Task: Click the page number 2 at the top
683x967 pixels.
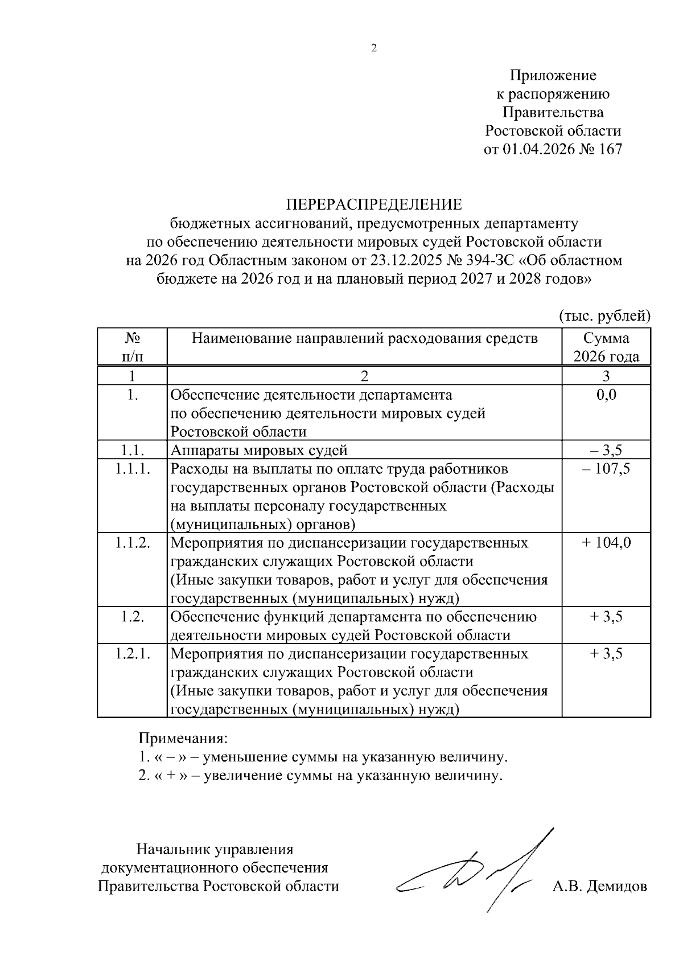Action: click(374, 49)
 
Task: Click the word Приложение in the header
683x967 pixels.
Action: click(553, 75)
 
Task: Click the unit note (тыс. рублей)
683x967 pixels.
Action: click(605, 315)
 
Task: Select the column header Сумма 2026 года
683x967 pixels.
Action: click(606, 347)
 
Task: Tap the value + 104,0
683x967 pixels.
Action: click(606, 543)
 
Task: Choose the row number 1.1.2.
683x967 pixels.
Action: click(132, 543)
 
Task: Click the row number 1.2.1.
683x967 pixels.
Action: click(132, 653)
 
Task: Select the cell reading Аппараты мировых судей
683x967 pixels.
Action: click(259, 450)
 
